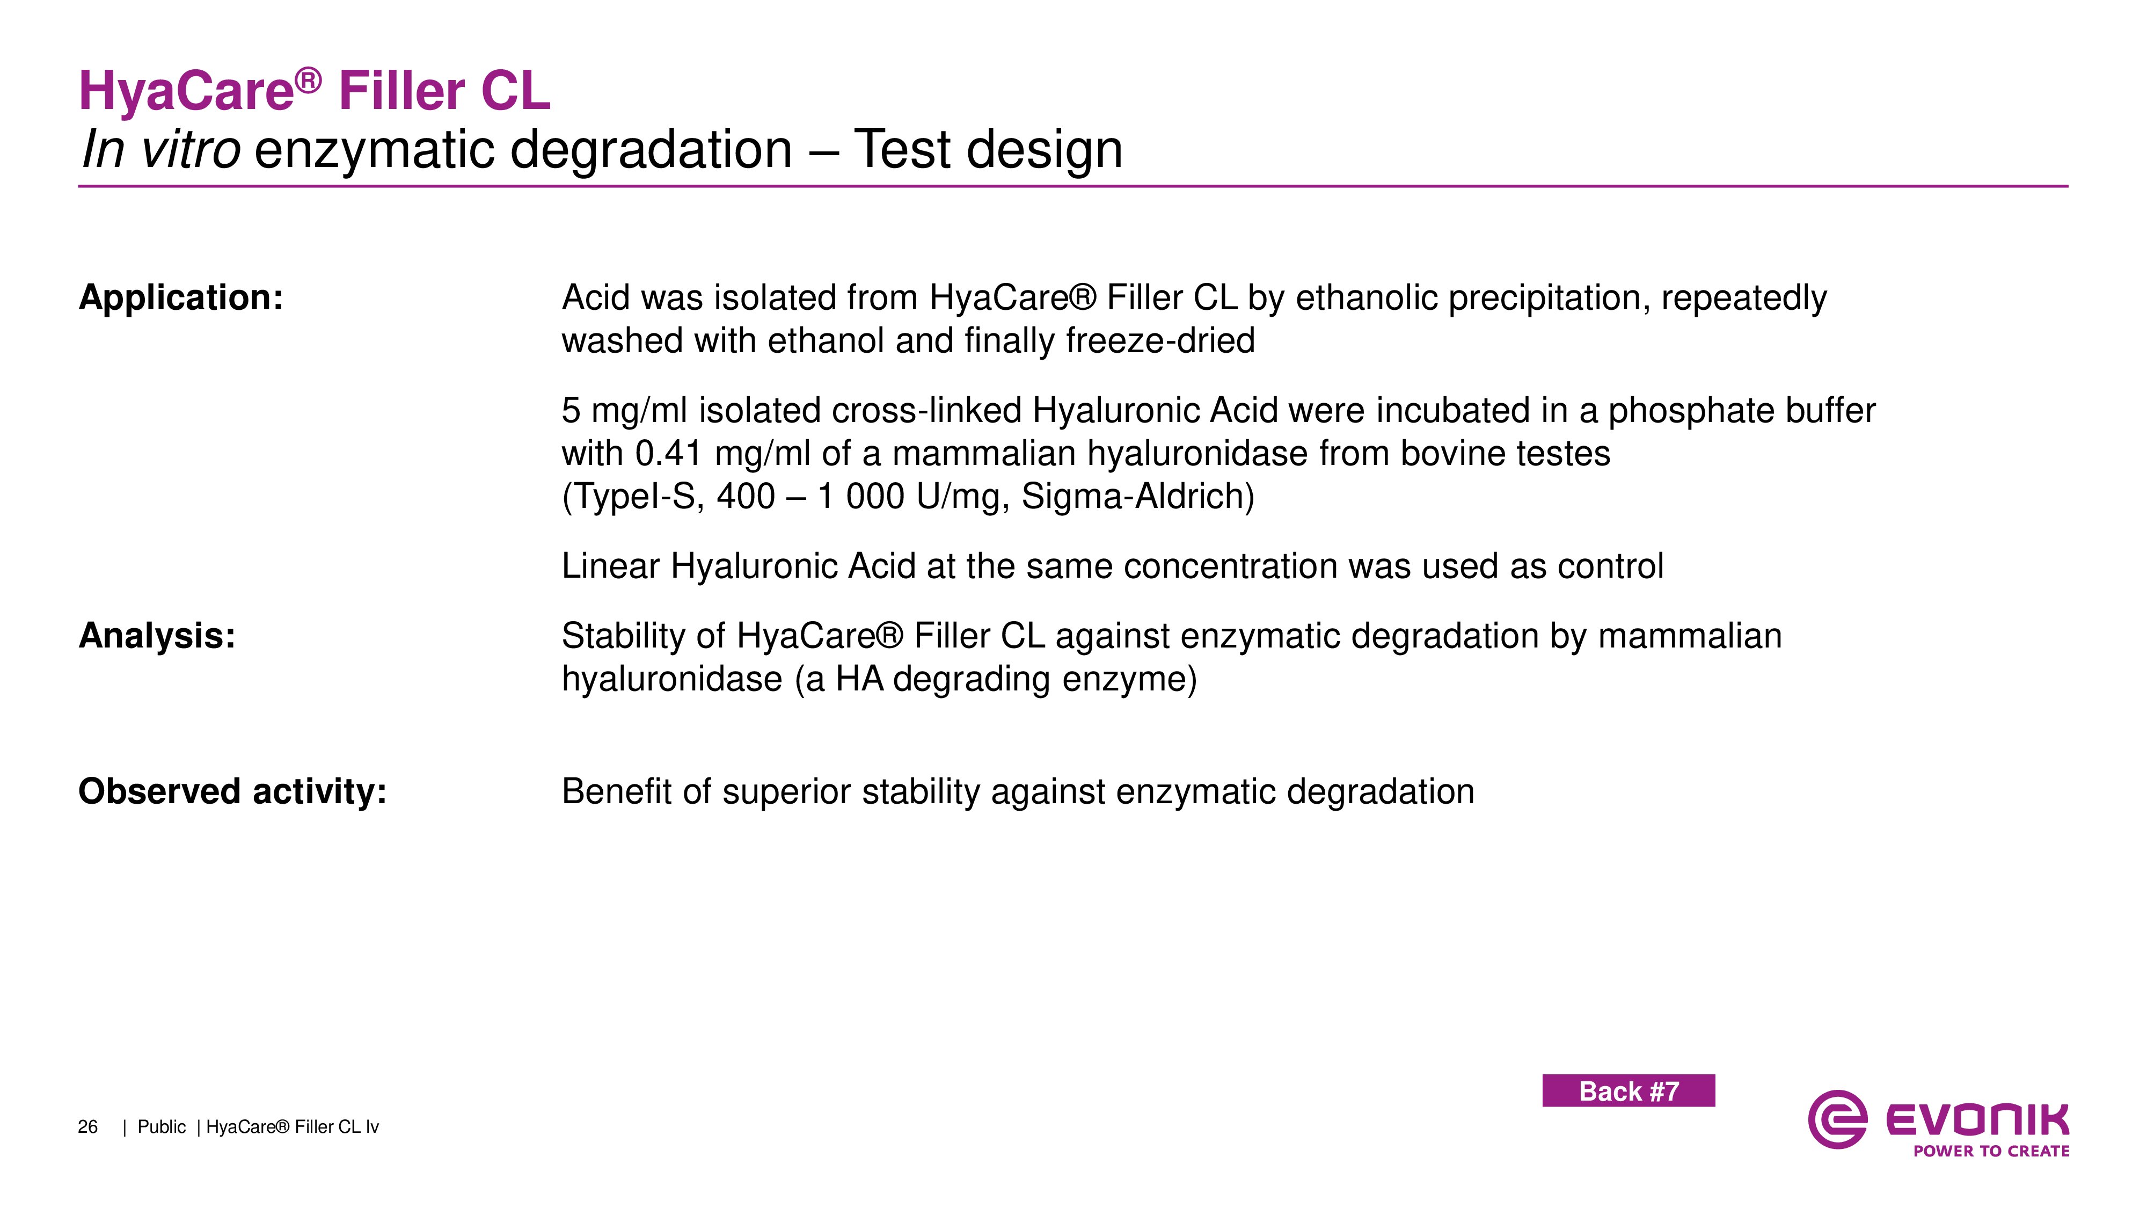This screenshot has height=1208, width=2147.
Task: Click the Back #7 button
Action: tap(1628, 1090)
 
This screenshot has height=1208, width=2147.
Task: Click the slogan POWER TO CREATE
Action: tap(1991, 1151)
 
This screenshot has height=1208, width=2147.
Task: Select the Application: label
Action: tap(181, 297)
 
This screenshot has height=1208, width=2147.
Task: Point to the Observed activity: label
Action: tap(232, 791)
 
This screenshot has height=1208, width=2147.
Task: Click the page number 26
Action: tap(87, 1127)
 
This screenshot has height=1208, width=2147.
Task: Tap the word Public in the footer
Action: tap(162, 1127)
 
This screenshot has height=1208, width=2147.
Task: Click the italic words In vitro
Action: tap(162, 150)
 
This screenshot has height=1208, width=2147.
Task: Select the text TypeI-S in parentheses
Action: tap(633, 497)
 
